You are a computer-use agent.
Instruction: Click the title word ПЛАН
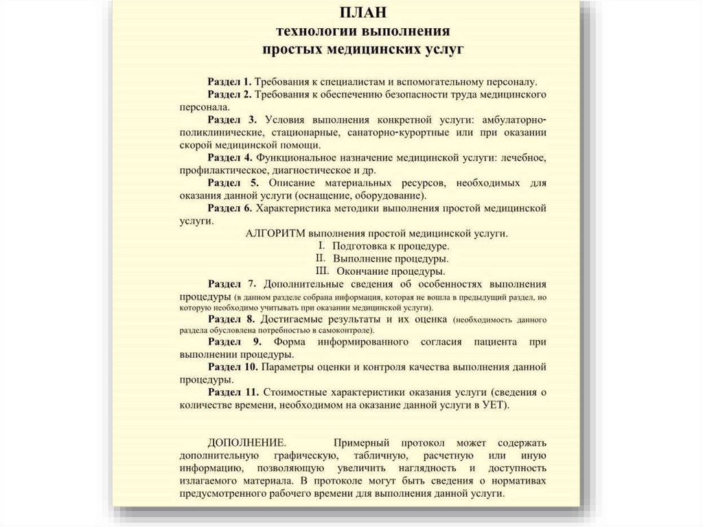362,14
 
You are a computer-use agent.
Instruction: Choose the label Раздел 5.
233,183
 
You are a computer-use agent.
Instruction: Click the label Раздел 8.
232,319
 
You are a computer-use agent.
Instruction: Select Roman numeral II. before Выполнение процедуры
320,258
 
